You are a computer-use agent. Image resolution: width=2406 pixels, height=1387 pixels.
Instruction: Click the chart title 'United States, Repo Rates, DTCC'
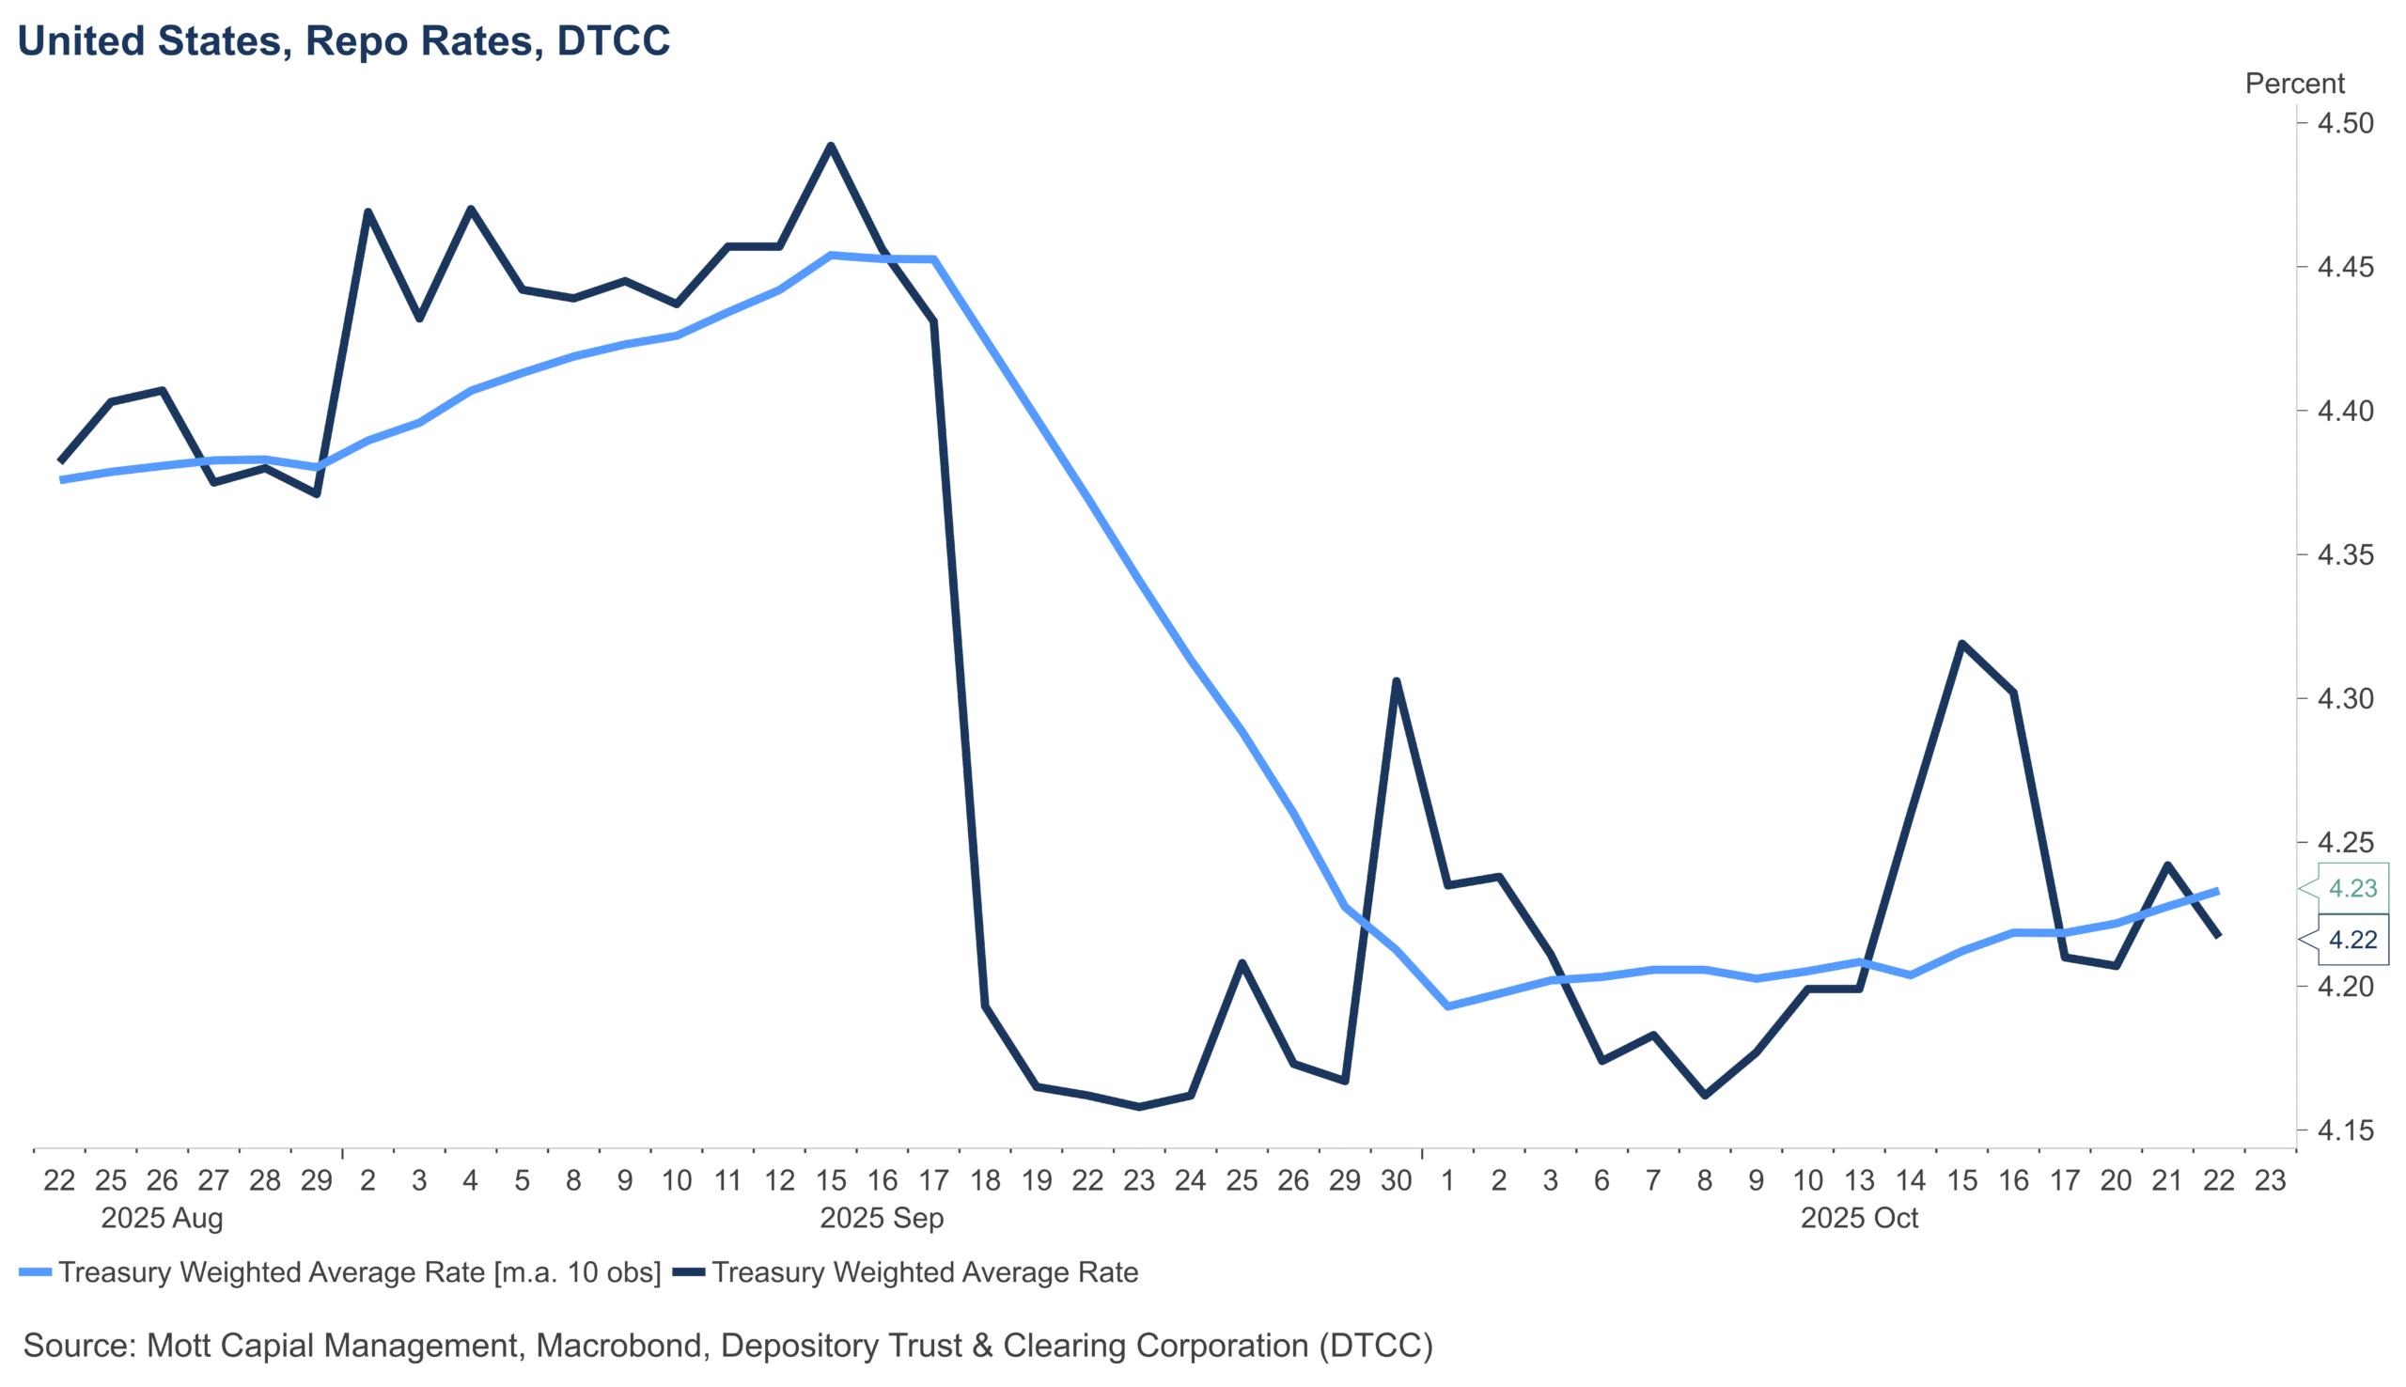[x=344, y=41]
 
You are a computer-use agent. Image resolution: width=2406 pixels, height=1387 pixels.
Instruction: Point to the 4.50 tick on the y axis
[x=2345, y=124]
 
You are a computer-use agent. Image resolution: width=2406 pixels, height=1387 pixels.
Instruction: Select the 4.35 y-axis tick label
[x=2345, y=554]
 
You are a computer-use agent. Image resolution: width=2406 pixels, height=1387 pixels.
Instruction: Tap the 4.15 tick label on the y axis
[x=2345, y=1130]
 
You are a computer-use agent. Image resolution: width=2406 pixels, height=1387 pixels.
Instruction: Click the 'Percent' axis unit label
[x=2293, y=84]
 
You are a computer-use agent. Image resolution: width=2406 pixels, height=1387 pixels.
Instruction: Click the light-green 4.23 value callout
[x=2351, y=888]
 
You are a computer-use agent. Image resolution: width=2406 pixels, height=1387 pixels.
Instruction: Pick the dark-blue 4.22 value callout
[x=2351, y=940]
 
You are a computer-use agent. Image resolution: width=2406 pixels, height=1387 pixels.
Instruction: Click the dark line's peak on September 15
[x=831, y=146]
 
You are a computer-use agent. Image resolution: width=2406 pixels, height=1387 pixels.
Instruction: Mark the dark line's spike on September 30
[x=1397, y=681]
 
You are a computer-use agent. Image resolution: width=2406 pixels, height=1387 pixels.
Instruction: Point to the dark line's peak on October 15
[x=1962, y=644]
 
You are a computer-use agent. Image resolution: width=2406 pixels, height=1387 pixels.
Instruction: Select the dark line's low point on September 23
[x=1139, y=1107]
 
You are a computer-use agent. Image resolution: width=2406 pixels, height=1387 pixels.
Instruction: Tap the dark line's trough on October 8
[x=1705, y=1096]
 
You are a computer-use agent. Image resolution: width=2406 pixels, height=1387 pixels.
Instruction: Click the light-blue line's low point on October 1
[x=1447, y=1006]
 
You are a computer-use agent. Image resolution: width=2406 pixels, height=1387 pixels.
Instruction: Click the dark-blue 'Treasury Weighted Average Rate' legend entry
[x=924, y=1272]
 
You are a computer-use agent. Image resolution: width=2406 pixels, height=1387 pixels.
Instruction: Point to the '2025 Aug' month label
[x=162, y=1219]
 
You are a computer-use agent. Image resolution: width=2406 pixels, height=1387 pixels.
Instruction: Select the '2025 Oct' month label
[x=1858, y=1219]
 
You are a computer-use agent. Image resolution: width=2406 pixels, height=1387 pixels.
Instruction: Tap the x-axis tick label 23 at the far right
[x=2271, y=1181]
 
